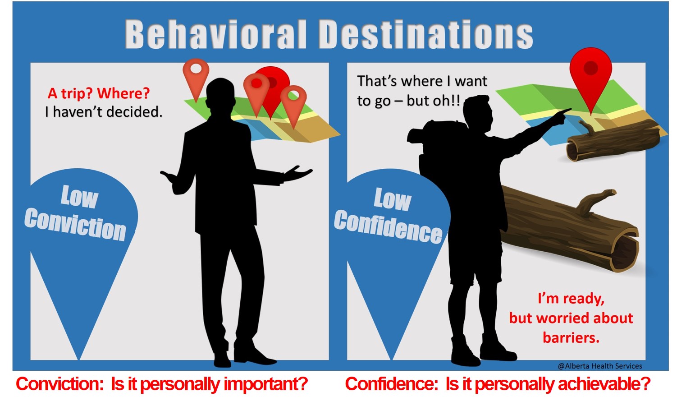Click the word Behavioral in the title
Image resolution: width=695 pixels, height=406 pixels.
(216, 34)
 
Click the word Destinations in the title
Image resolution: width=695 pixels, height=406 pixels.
(425, 34)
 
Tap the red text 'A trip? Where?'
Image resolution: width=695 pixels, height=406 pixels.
(99, 93)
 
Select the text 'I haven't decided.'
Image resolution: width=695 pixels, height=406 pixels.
(104, 112)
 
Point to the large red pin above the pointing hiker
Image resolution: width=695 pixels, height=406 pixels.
(591, 74)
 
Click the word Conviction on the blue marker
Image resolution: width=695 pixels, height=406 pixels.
(75, 224)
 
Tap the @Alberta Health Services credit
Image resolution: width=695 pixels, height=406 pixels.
(600, 366)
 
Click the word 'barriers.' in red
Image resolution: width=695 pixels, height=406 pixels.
(571, 338)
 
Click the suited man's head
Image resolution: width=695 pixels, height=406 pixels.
(220, 93)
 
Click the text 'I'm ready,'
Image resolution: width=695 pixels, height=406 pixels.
(571, 299)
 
